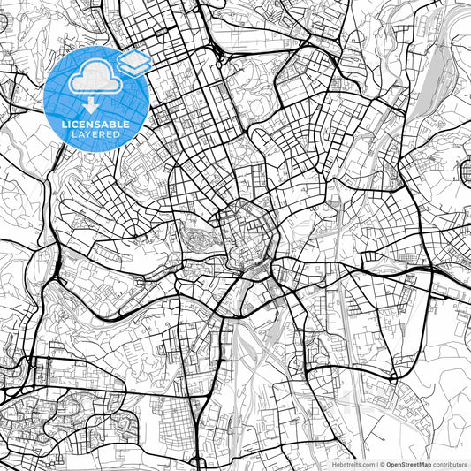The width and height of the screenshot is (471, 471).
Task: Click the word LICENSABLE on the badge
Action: coord(94,125)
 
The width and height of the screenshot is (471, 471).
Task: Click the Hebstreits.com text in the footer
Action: coord(351,464)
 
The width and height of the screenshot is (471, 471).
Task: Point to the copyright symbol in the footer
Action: coord(382,464)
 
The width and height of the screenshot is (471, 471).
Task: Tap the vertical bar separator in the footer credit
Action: coord(376,464)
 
